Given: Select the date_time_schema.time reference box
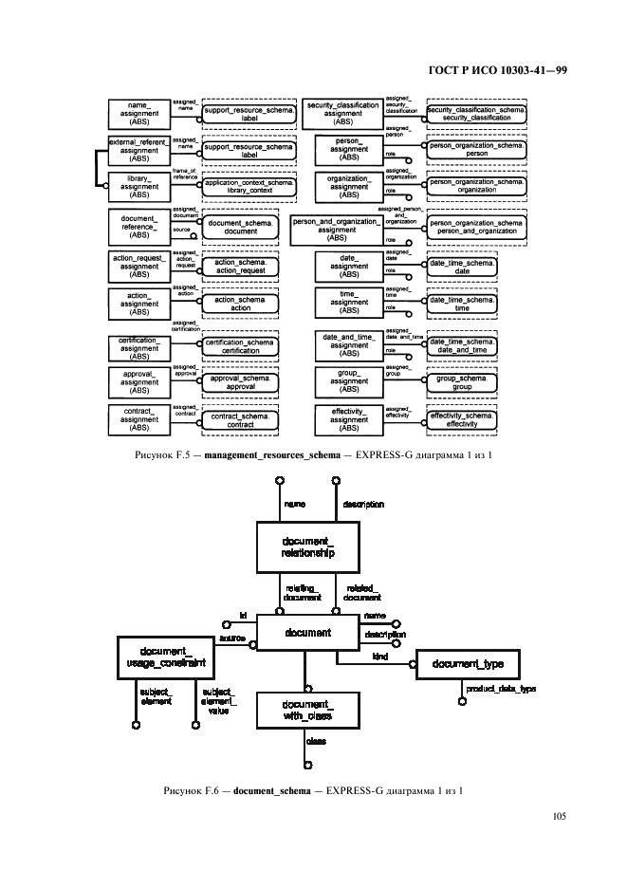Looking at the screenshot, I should [462, 305].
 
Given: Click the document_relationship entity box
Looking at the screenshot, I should [308, 546].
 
